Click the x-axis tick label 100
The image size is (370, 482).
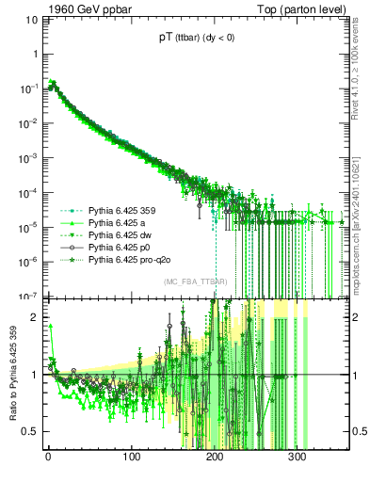(x=132, y=457)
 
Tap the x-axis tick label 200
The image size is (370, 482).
(x=215, y=457)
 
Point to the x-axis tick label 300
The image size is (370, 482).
(x=298, y=457)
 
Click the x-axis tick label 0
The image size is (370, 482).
(x=48, y=457)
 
